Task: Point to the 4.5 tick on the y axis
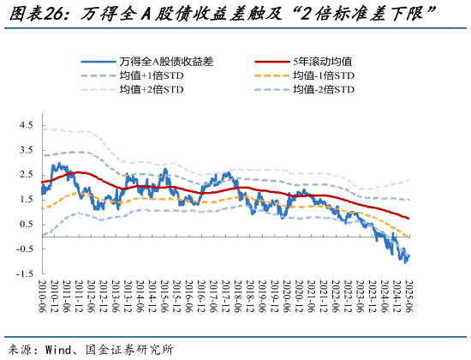pos(25,125)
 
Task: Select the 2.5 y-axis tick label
pos(25,175)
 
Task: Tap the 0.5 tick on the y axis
pos(25,225)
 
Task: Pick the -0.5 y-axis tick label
pos(23,249)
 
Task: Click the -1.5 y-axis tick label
pos(23,274)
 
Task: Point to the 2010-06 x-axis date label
pos(41,296)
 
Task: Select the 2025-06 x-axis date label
pos(410,296)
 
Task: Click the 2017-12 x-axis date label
pos(225,296)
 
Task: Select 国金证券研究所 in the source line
pos(129,349)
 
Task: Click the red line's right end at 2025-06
pos(409,219)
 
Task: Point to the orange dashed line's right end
pos(409,237)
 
